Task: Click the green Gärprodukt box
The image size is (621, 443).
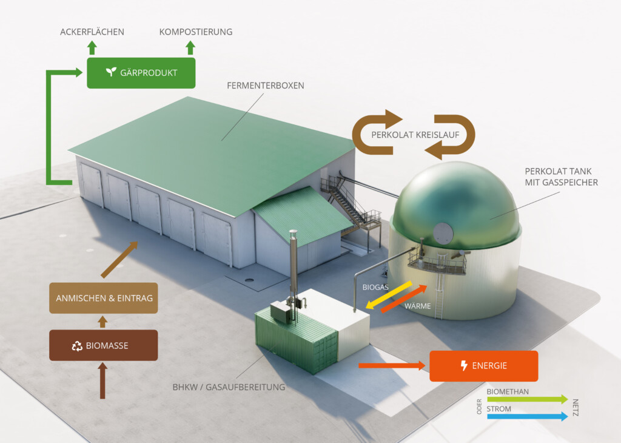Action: coord(141,72)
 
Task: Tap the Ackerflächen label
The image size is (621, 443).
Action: coord(92,32)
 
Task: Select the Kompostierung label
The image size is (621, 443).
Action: coord(196,32)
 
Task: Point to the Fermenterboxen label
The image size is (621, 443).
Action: coord(266,86)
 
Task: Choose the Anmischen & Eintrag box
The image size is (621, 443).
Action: coord(104,298)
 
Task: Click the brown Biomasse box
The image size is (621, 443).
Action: coord(104,346)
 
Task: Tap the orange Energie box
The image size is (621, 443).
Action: coord(483,366)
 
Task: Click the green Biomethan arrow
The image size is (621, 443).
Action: coord(527,399)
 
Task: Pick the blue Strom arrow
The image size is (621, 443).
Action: coord(527,417)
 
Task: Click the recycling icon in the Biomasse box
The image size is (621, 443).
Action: coord(77,346)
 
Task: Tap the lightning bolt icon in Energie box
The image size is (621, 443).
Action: coord(465,366)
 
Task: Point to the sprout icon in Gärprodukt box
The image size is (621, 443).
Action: coord(110,72)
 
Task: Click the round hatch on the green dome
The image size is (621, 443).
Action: coord(443,232)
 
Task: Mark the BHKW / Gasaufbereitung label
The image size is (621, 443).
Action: coord(229,387)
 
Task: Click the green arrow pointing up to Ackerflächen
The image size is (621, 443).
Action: coord(92,48)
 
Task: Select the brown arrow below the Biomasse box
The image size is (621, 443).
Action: coord(102,380)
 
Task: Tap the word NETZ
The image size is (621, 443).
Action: coord(576,408)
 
